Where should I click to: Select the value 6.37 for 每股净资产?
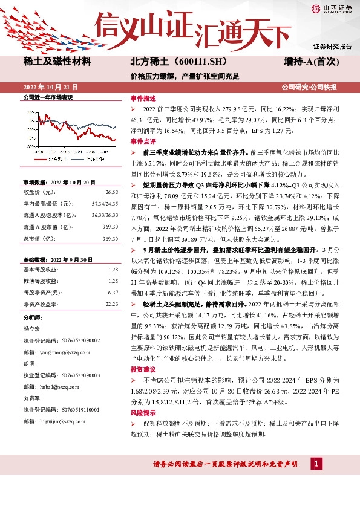113,292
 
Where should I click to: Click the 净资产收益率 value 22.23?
111,303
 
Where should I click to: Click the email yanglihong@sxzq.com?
66,351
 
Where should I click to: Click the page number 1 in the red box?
315,464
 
